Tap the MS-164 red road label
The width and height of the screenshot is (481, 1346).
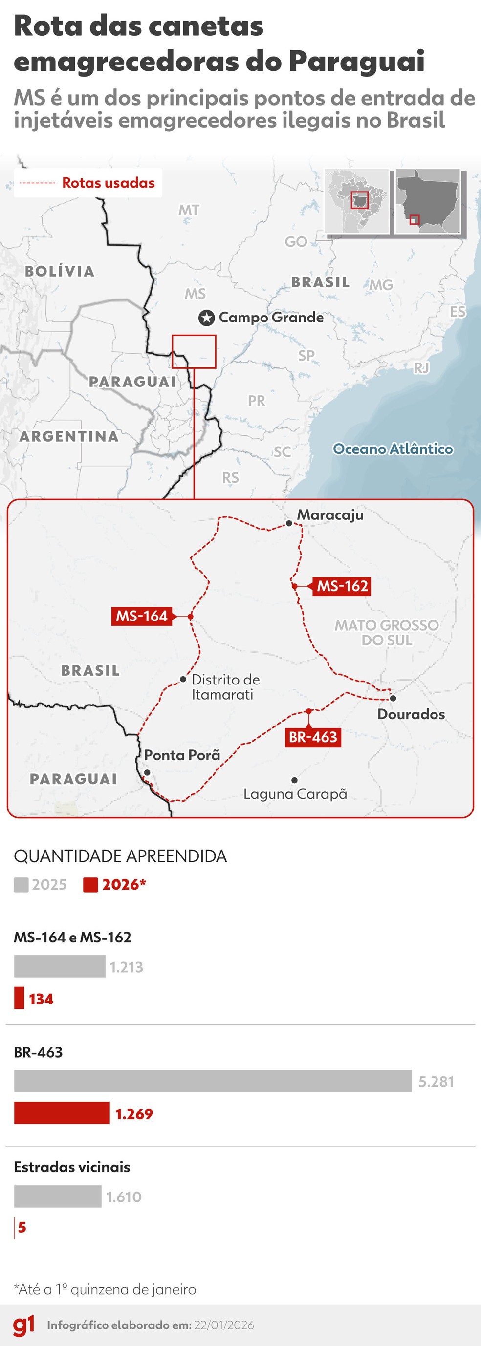point(142,616)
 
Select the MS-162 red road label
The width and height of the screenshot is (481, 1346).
point(343,586)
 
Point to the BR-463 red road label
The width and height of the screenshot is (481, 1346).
point(313,737)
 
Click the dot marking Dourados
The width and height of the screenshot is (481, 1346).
point(393,698)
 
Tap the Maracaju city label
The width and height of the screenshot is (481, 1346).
point(330,514)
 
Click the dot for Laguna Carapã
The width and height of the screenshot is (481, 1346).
point(295,780)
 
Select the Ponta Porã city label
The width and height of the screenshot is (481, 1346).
point(182,755)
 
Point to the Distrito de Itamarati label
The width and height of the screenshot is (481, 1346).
point(225,686)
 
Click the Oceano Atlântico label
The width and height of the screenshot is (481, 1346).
point(393,449)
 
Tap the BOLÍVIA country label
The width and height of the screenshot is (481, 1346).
point(60,271)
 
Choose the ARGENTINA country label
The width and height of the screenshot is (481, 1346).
point(69,436)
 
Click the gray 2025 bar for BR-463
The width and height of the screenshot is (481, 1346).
point(213,1081)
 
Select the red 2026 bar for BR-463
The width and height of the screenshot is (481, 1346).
point(62,1113)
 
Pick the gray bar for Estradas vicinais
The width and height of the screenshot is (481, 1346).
point(58,1196)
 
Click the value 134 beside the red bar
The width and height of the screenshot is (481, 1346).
point(41,999)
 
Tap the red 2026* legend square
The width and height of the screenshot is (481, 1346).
point(90,885)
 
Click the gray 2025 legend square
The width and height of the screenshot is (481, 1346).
point(22,885)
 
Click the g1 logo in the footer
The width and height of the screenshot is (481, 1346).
point(24,1325)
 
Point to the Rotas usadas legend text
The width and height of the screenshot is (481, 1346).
point(108,183)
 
